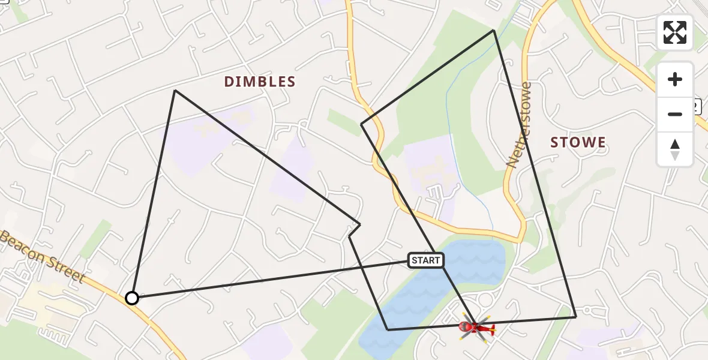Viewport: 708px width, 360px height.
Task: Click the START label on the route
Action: [x=426, y=260]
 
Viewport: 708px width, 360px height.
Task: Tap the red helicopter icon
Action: [x=476, y=327]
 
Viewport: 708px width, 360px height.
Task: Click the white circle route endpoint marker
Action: [x=132, y=298]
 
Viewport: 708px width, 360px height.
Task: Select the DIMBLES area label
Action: [x=260, y=82]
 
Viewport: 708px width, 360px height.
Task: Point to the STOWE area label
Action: [x=578, y=143]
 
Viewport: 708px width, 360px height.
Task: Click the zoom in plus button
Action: [x=675, y=79]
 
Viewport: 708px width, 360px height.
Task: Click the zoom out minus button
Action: [x=675, y=114]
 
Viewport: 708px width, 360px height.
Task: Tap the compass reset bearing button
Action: [x=675, y=149]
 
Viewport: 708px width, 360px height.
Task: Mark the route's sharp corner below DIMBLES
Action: [x=175, y=91]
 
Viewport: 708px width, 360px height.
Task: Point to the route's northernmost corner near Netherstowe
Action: [x=493, y=30]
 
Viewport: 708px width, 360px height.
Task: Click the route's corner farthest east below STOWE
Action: [x=575, y=316]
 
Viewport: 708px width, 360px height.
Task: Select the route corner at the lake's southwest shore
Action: [x=388, y=329]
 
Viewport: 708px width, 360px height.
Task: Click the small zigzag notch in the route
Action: [x=354, y=230]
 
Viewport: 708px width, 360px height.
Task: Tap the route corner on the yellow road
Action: [x=361, y=124]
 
